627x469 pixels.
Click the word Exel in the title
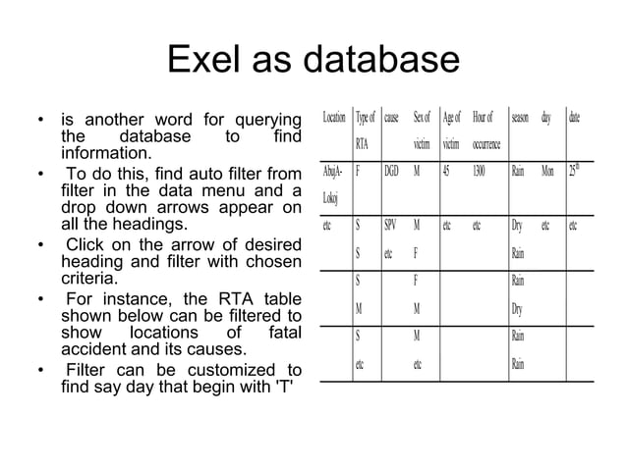click(x=208, y=61)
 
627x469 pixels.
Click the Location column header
click(x=333, y=118)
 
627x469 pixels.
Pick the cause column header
click(x=391, y=118)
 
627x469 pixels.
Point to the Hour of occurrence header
click(x=485, y=130)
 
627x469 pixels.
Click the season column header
click(x=520, y=118)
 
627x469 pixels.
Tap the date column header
click(x=574, y=118)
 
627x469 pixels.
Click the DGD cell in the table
click(x=392, y=170)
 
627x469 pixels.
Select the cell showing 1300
click(x=479, y=170)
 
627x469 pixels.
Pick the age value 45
click(x=447, y=170)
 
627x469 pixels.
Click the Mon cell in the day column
click(x=547, y=170)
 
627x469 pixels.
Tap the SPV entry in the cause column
click(x=390, y=225)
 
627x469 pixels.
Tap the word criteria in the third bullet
click(x=88, y=278)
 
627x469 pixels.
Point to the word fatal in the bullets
click(x=281, y=333)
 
